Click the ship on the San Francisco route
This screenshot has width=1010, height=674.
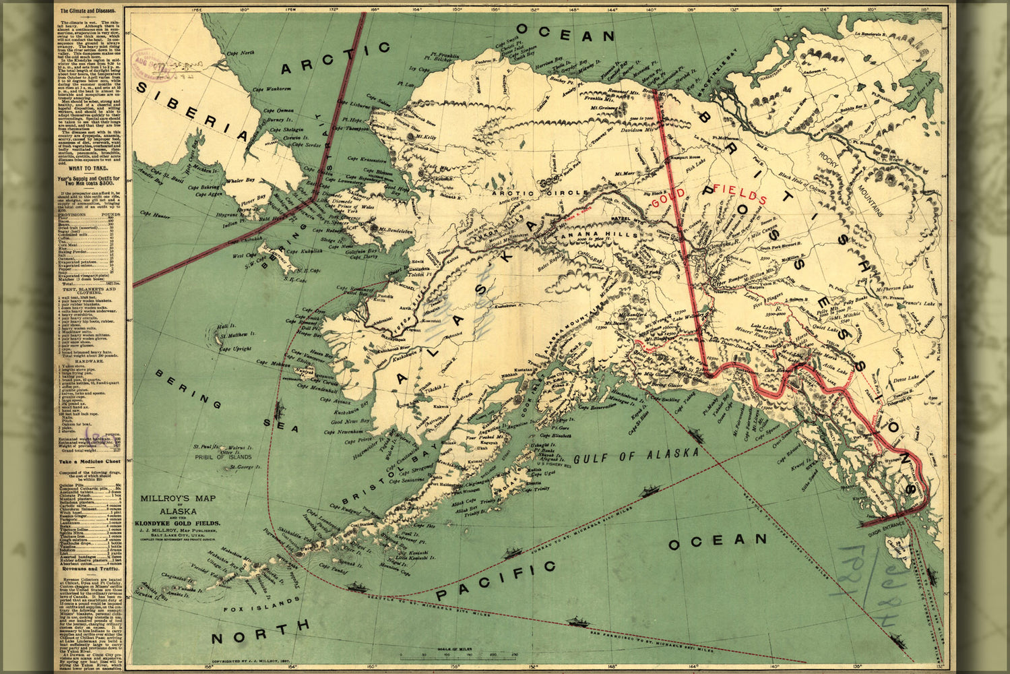point(577,621)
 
